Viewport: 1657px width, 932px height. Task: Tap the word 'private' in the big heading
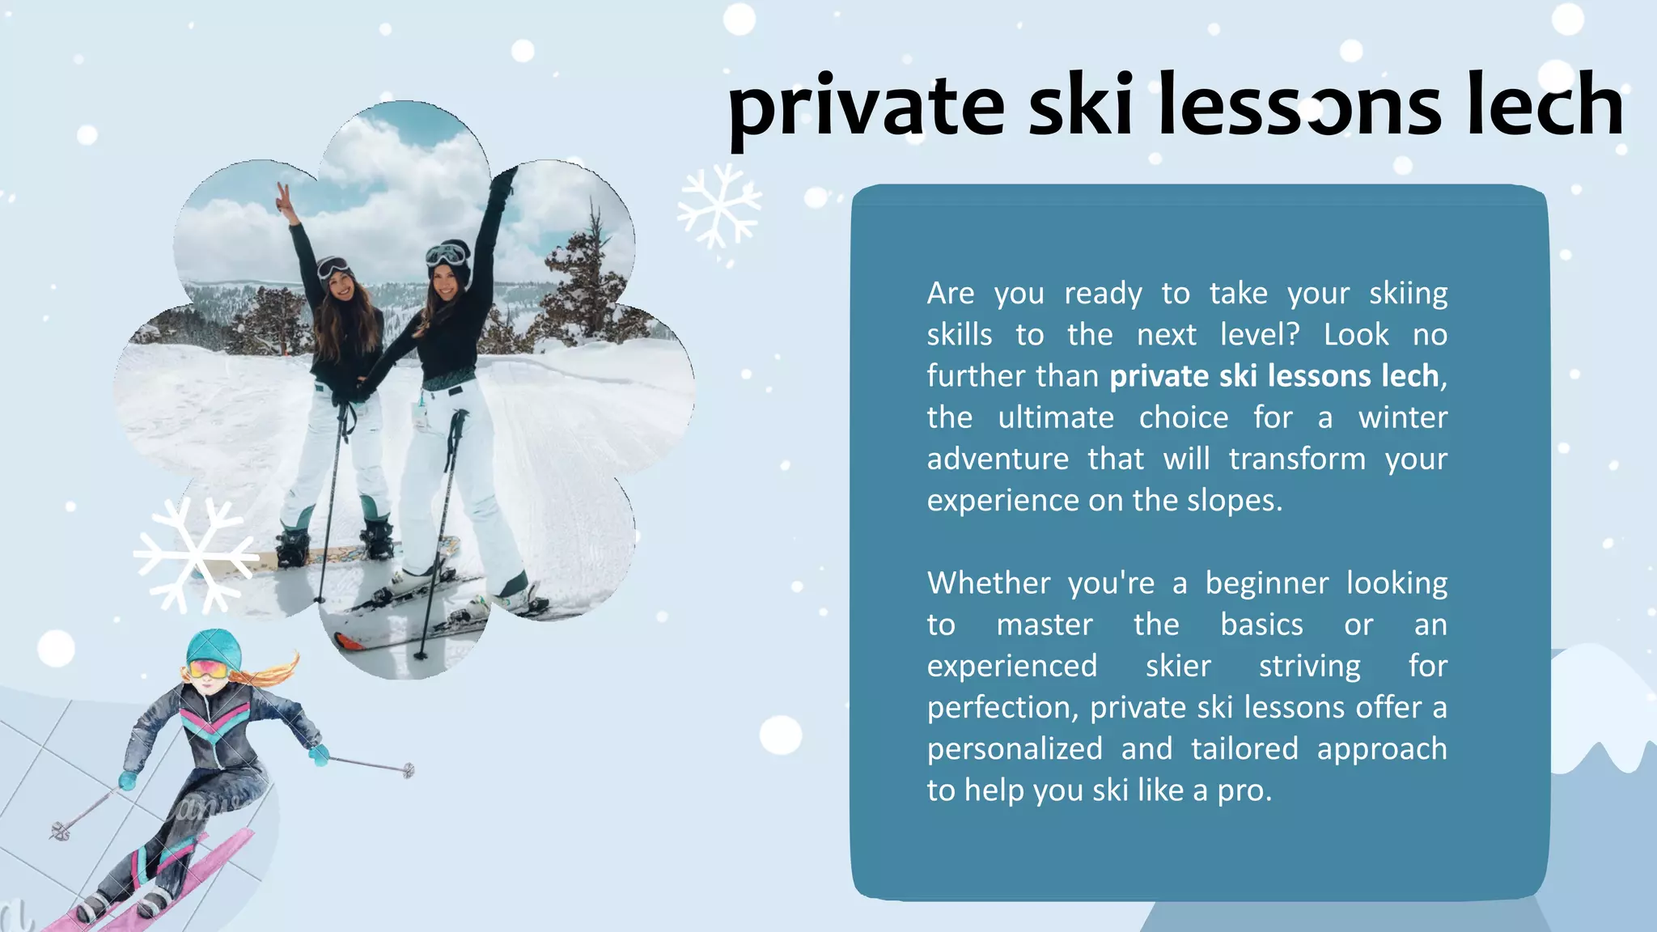tap(866, 109)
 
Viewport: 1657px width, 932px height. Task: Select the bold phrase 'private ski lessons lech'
tap(1274, 376)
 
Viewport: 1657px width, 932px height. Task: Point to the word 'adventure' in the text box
tap(998, 460)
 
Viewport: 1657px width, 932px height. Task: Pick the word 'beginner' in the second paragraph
tap(1267, 583)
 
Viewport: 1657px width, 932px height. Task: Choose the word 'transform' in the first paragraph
tap(1297, 460)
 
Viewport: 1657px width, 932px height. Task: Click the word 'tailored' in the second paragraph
tap(1244, 749)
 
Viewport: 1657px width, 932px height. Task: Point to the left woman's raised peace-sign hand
tap(283, 197)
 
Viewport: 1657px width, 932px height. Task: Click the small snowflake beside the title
tap(718, 205)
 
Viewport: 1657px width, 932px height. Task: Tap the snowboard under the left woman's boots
tap(340, 554)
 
